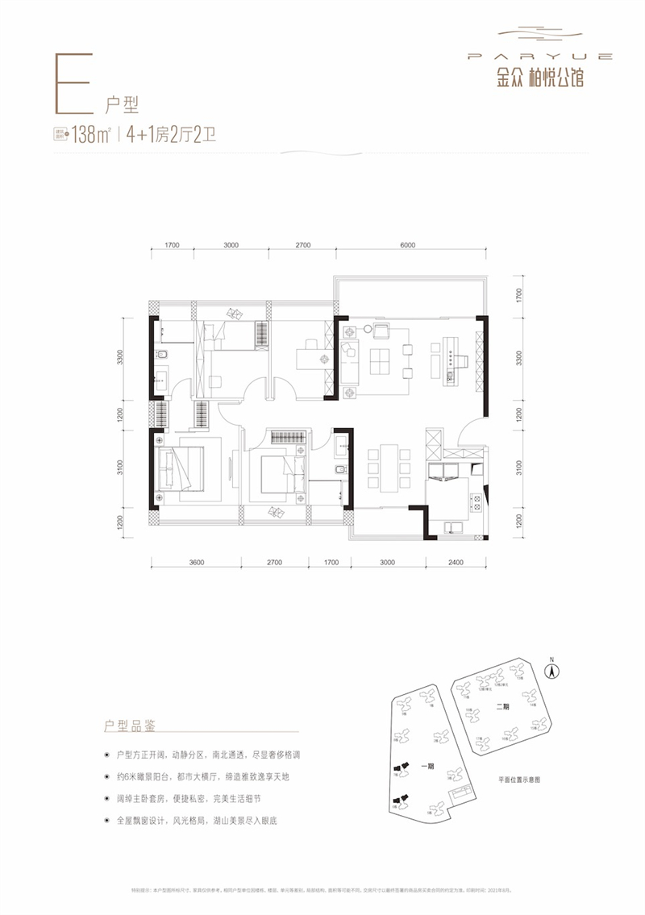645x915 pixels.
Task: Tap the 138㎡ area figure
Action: (91, 135)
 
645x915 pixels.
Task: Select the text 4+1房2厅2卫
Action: (171, 135)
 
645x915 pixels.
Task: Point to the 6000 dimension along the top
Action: (406, 245)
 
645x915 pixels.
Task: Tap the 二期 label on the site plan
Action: (503, 706)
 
